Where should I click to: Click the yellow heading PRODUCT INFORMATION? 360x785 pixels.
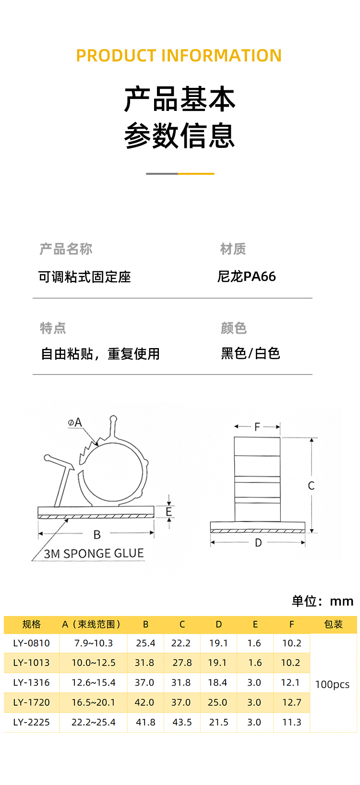click(179, 56)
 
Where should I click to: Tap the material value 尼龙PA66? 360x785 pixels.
click(247, 277)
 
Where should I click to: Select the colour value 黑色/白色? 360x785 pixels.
click(250, 353)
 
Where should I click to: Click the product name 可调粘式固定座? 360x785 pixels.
click(84, 277)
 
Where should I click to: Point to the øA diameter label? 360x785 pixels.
click(75, 423)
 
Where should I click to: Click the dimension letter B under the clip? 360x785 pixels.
click(97, 534)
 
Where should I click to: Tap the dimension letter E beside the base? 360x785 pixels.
click(169, 512)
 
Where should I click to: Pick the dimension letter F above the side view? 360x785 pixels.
click(257, 426)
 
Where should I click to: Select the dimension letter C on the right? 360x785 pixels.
click(311, 486)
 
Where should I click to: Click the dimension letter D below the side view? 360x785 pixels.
click(258, 543)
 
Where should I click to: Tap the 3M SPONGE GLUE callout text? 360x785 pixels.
click(94, 554)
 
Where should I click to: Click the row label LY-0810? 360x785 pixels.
click(32, 643)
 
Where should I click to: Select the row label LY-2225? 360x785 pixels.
click(32, 722)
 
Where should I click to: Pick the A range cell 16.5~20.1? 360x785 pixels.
click(94, 702)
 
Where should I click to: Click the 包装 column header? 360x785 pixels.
click(333, 624)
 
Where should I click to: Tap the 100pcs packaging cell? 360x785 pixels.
click(332, 684)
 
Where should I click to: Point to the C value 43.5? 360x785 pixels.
click(182, 722)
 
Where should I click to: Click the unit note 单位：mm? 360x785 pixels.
click(322, 601)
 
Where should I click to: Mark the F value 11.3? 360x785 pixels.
click(291, 722)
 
